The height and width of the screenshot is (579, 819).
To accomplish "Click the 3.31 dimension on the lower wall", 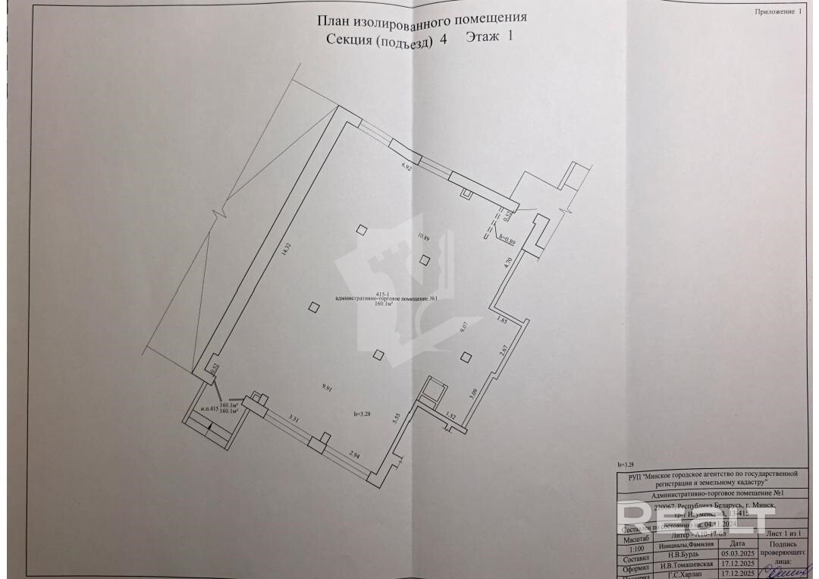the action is (296, 417).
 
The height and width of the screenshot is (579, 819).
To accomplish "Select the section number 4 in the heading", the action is (443, 41).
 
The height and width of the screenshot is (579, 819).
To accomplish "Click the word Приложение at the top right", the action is (773, 12).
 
